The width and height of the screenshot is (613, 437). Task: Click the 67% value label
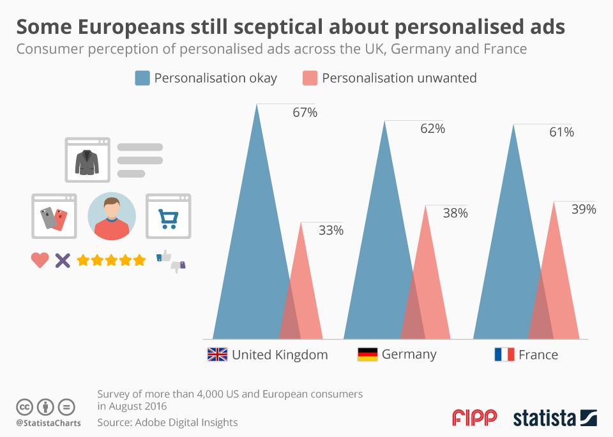click(305, 113)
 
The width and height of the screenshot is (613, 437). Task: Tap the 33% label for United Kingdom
click(331, 231)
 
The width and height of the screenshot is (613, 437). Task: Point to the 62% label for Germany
click(432, 128)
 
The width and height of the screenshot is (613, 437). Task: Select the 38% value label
click(455, 213)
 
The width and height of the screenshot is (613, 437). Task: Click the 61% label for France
click(561, 132)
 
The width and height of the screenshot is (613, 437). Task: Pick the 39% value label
click(583, 210)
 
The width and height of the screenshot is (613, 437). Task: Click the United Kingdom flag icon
click(217, 355)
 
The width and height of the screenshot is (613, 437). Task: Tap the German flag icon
click(367, 355)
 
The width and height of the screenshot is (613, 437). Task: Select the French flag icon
click(504, 355)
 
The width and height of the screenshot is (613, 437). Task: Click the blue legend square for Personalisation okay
click(142, 78)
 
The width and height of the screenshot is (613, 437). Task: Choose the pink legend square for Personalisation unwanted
click(309, 78)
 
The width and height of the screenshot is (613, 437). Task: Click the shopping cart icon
click(169, 217)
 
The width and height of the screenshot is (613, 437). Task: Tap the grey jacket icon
click(87, 161)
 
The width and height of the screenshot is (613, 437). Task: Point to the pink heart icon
click(40, 260)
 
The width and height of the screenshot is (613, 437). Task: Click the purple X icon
click(62, 260)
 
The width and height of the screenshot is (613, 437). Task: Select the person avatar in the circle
click(112, 217)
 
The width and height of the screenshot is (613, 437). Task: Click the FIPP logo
click(474, 418)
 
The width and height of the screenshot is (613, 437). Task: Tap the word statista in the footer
click(544, 418)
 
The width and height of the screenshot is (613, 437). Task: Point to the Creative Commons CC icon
click(24, 407)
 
